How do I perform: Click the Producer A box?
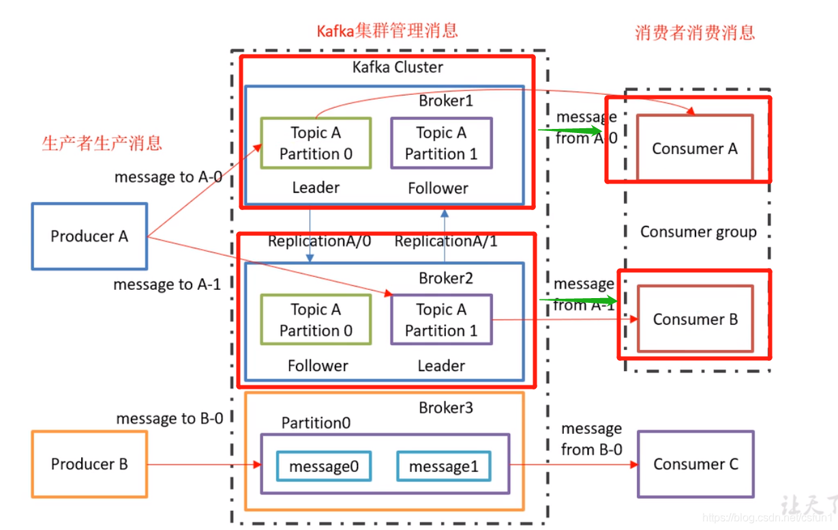pos(89,236)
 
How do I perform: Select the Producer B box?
pos(89,464)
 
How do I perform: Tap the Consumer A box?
pos(695,148)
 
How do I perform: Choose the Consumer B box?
pos(695,319)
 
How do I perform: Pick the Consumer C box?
pos(695,464)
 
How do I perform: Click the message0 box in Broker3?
pos(323,467)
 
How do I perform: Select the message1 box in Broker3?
pos(443,467)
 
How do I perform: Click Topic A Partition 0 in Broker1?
pos(316,143)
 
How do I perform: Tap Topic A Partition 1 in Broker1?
pos(441,143)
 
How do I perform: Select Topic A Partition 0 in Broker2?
pos(316,320)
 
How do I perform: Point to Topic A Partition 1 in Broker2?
pos(441,320)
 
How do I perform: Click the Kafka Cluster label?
pos(398,68)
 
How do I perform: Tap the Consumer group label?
pos(698,232)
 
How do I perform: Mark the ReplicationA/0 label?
pos(319,241)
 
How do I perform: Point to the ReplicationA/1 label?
pos(446,241)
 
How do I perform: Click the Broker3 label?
pos(446,408)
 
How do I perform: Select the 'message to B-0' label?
pos(169,418)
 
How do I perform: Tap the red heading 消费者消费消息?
pos(695,33)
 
